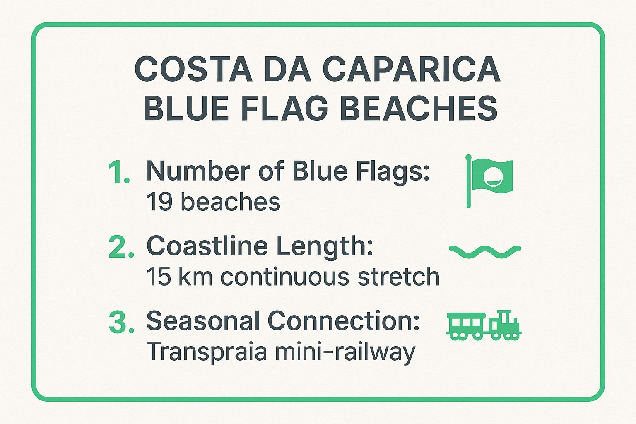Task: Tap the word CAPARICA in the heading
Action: [x=411, y=69]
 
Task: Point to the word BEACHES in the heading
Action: [x=421, y=108]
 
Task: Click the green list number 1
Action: [x=119, y=172]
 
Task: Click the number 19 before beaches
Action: [x=159, y=202]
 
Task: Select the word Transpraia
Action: [x=207, y=352]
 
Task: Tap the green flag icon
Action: [x=489, y=181]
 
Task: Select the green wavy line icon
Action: [x=485, y=252]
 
